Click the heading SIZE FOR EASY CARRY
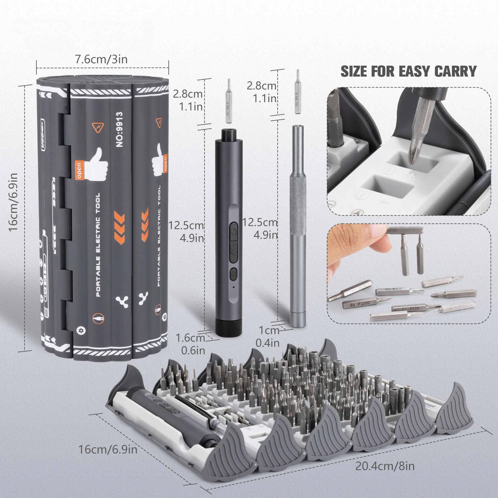click(408, 71)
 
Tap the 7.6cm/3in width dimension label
click(101, 59)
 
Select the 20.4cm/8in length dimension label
click(385, 466)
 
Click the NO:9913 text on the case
click(120, 129)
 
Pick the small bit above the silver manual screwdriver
click(298, 92)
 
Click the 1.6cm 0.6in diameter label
click(190, 344)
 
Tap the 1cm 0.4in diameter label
click(268, 336)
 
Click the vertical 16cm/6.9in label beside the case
click(13, 202)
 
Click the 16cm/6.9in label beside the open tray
click(108, 449)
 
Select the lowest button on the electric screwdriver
click(233, 274)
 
